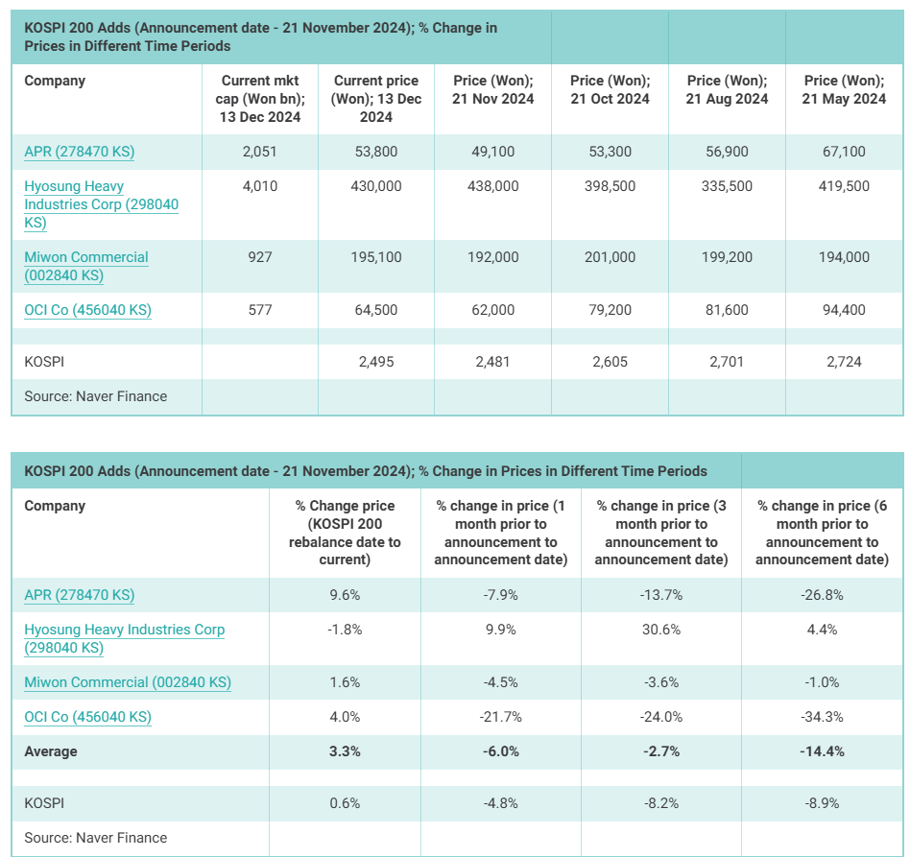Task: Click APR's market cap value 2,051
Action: click(260, 152)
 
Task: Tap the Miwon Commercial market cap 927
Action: click(260, 257)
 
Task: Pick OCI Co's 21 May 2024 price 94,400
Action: click(844, 310)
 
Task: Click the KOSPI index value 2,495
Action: click(376, 362)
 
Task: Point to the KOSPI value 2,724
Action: click(844, 362)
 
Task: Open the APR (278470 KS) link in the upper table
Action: click(79, 152)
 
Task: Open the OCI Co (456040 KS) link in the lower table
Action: click(87, 717)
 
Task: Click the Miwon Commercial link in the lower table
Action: click(128, 682)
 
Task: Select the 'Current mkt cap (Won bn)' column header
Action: click(260, 99)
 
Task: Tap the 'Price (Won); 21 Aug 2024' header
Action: click(727, 90)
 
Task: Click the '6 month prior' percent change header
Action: click(822, 533)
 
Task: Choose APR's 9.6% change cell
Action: click(344, 595)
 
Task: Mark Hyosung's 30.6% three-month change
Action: click(660, 630)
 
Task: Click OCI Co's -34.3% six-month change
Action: click(822, 717)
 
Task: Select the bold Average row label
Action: click(51, 751)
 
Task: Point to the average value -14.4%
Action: click(822, 751)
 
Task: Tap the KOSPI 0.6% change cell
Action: click(344, 802)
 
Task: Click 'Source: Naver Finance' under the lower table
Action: click(95, 838)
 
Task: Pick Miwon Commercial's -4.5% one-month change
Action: click(500, 682)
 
